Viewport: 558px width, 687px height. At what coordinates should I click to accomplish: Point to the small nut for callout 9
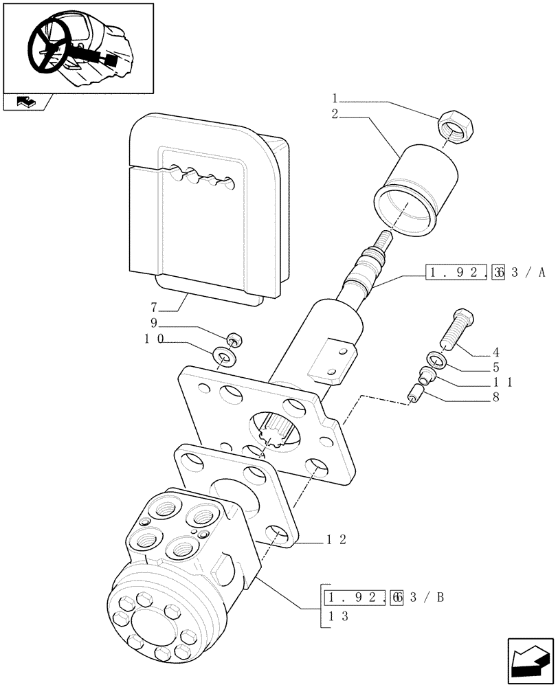click(x=234, y=339)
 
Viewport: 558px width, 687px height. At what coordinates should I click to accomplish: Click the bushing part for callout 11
click(x=426, y=375)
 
